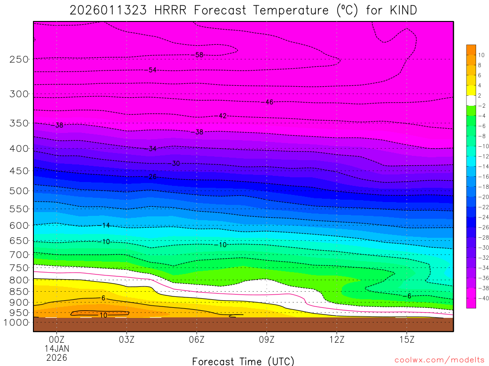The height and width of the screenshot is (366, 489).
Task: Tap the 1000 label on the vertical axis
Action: (x=17, y=322)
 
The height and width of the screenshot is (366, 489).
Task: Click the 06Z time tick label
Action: (x=197, y=339)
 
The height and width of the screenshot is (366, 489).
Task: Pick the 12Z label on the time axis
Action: (x=337, y=339)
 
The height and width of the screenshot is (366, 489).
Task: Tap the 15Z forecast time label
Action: (x=406, y=339)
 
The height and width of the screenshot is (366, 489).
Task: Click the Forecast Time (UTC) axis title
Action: (x=243, y=361)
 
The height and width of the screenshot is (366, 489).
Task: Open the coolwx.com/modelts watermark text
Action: (x=439, y=360)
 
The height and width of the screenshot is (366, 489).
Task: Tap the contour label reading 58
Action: (x=199, y=55)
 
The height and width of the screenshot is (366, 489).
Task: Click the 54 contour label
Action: (x=152, y=70)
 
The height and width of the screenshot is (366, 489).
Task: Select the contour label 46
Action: (x=269, y=102)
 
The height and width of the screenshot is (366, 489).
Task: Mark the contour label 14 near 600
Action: (x=106, y=225)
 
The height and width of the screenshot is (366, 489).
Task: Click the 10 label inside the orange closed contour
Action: (x=103, y=315)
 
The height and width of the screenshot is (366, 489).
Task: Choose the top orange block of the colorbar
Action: (x=471, y=50)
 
